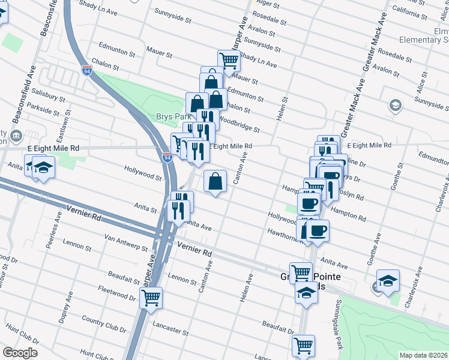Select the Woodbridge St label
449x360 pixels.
coord(239,123)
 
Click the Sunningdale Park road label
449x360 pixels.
coord(339,325)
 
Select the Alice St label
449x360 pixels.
coord(422,80)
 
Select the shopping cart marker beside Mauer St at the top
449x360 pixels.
coord(229,60)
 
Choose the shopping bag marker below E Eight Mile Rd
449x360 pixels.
coord(215,181)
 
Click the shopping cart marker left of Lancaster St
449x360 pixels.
coord(151,296)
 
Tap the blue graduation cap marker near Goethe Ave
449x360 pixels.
coord(388,280)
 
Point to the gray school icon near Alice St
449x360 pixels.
coord(395,106)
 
